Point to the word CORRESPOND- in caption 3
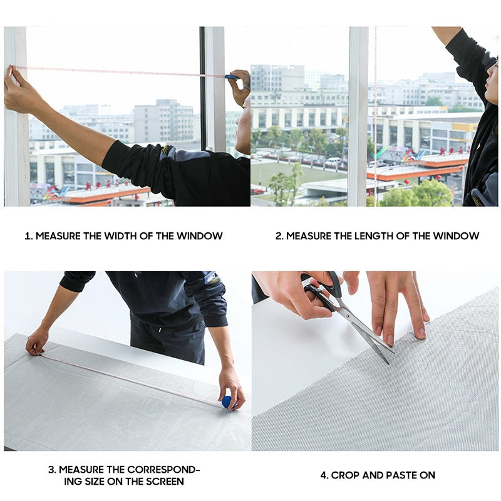coord(163,470)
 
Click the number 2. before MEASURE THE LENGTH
coord(279,236)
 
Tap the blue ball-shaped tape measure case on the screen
coord(228,402)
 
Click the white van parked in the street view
coord(333,162)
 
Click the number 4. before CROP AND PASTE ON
coord(324,475)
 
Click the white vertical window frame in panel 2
coord(358,116)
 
